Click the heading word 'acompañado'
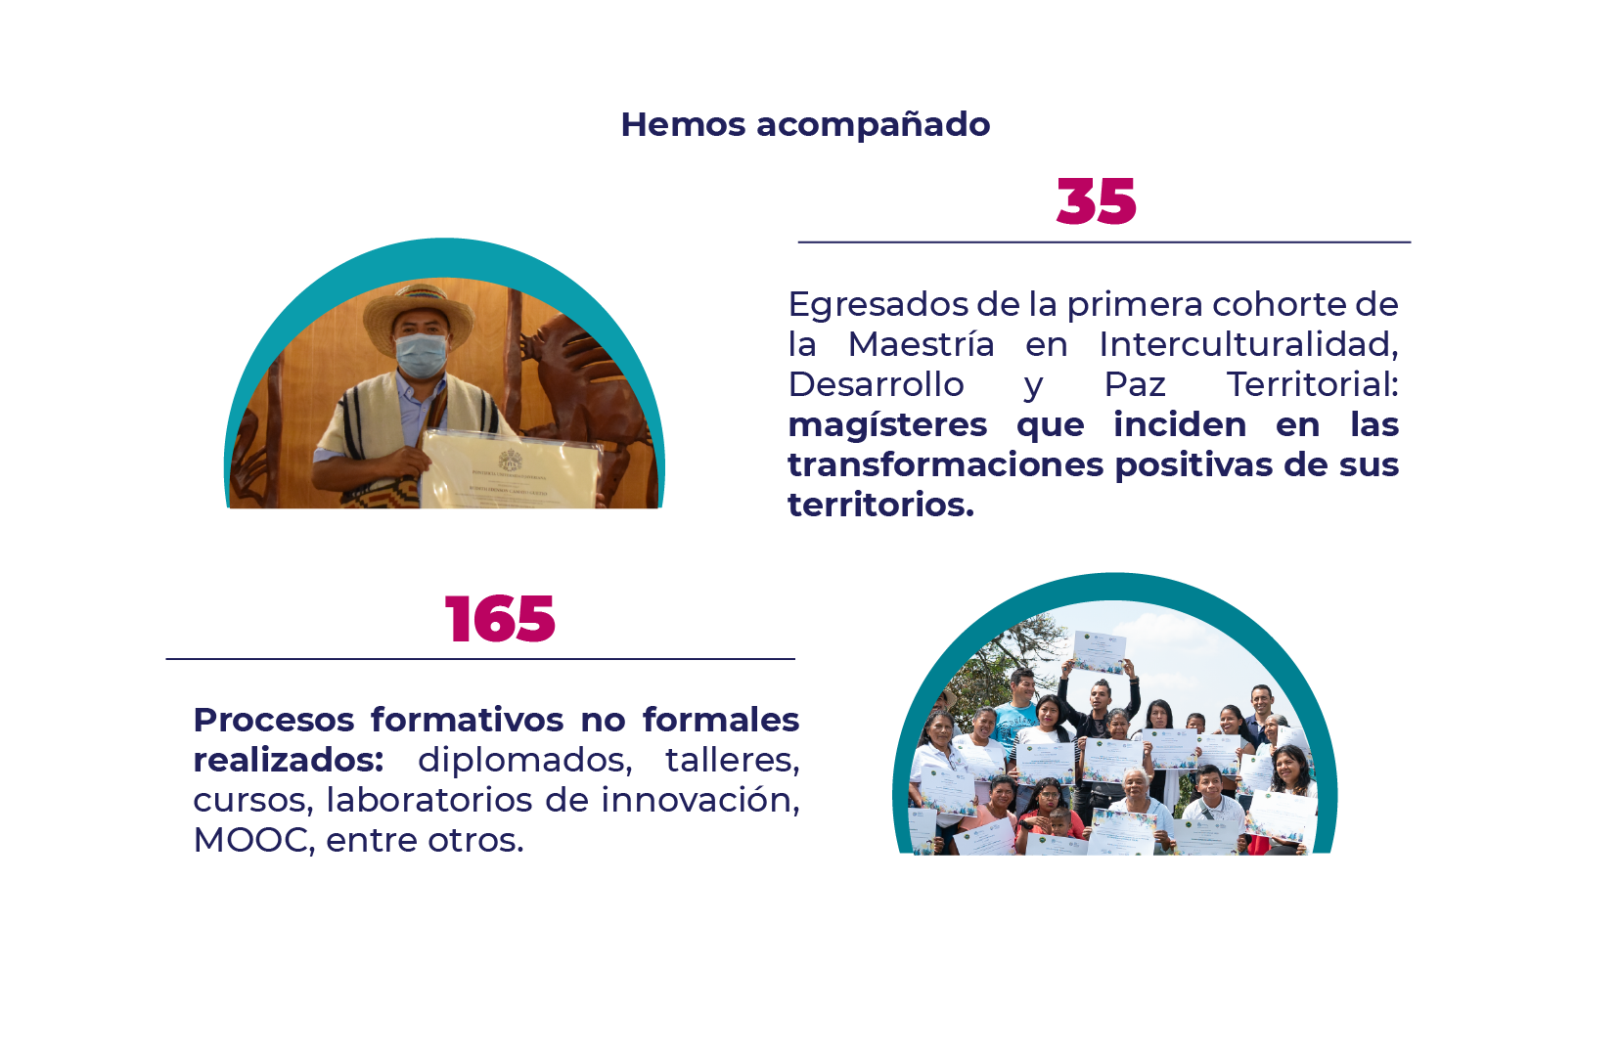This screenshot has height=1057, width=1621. click(873, 125)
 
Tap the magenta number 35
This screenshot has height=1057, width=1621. click(1096, 202)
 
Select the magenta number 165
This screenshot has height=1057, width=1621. click(500, 619)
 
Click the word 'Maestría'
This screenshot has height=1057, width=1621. click(921, 345)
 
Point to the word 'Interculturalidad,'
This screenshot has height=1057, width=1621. click(1248, 345)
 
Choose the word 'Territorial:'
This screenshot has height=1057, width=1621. click(1312, 385)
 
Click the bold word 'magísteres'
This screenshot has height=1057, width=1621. click(887, 425)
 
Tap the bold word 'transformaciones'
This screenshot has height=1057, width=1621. click(946, 465)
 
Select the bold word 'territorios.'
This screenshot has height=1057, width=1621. click(880, 506)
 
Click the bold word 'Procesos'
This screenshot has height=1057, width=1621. click(274, 721)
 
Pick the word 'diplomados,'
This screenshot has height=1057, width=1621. click(524, 761)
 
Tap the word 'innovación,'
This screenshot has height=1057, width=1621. click(699, 801)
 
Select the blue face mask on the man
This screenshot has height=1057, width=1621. click(422, 354)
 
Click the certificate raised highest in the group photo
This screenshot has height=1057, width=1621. click(1099, 651)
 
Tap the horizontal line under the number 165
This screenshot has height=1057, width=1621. click(479, 659)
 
